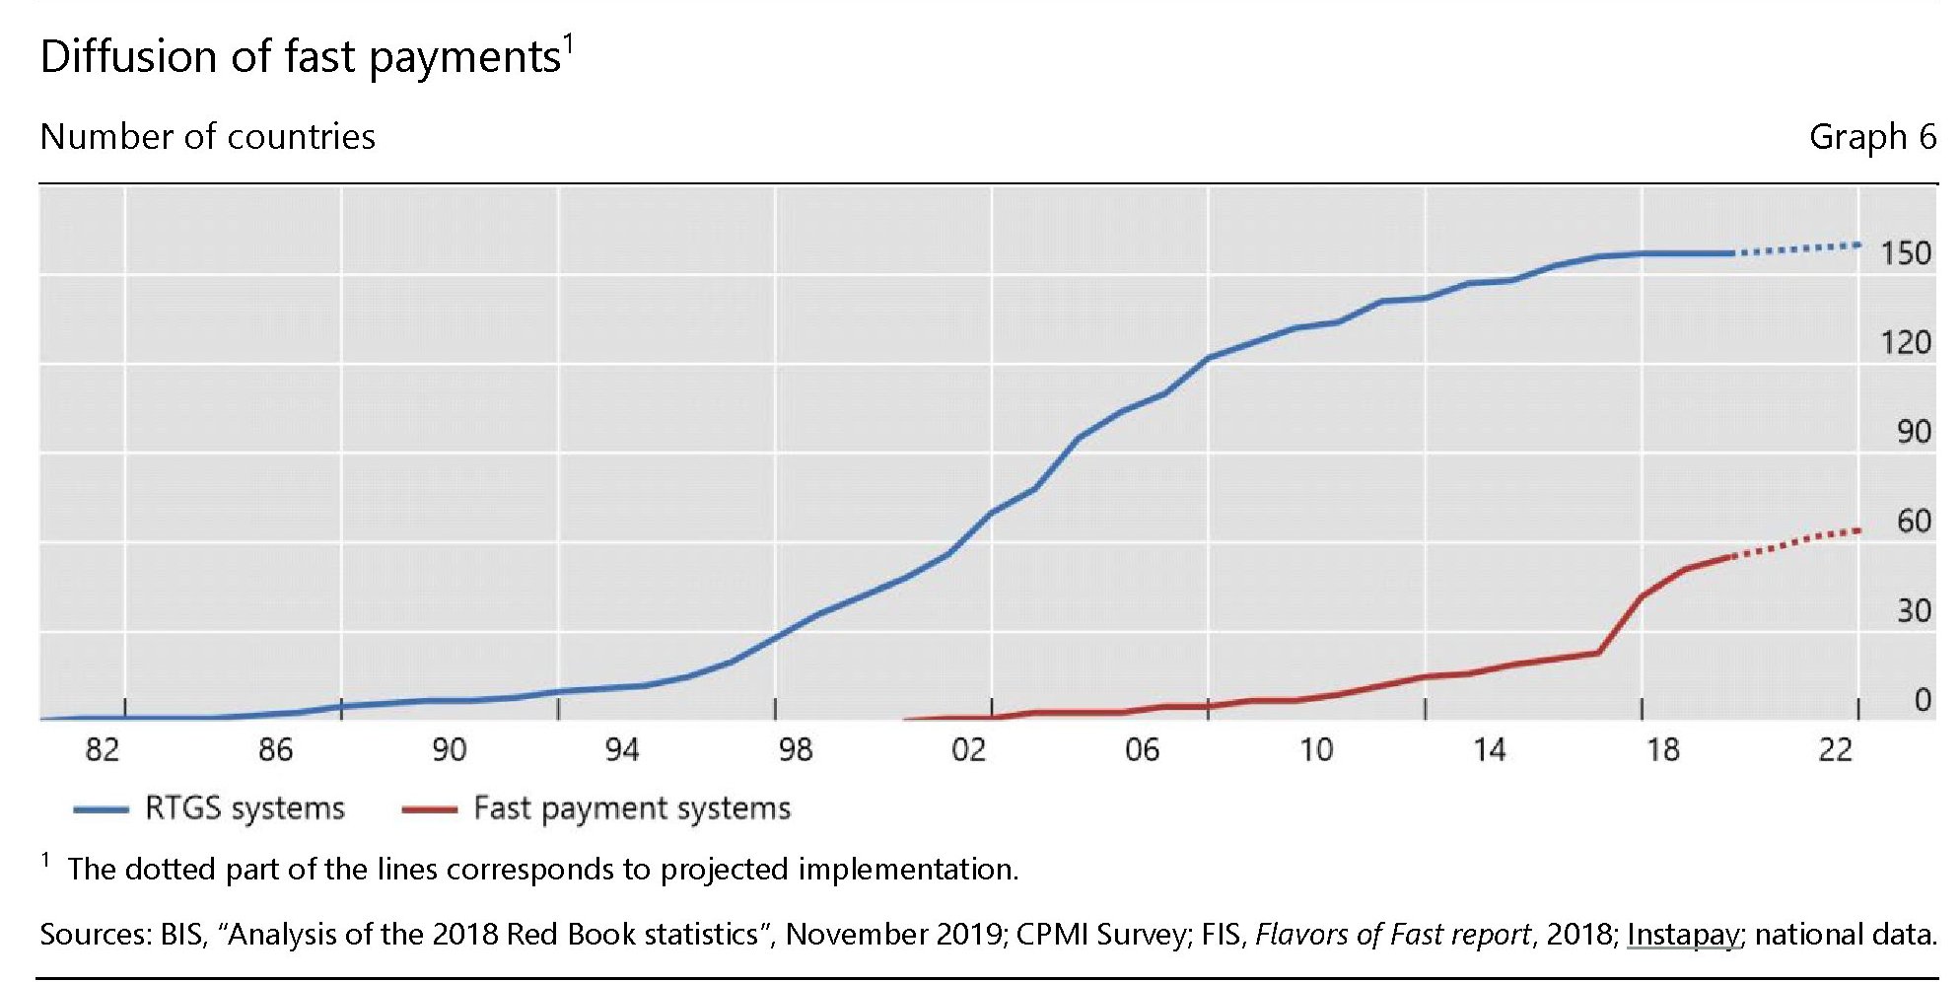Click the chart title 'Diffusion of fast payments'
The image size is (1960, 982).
tap(301, 57)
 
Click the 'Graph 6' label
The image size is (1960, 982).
tap(1871, 137)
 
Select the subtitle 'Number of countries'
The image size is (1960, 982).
tap(207, 137)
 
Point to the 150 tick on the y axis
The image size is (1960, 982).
tap(1905, 253)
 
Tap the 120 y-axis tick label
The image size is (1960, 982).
tap(1905, 343)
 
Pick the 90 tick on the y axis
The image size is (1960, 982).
tap(1913, 432)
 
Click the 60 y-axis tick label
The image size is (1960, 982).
tap(1913, 521)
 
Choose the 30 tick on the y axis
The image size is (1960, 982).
tap(1913, 610)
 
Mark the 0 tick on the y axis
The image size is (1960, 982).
tap(1922, 700)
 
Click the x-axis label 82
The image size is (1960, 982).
tap(102, 750)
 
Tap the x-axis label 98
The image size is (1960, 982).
tap(795, 750)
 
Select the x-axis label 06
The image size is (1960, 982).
tap(1142, 750)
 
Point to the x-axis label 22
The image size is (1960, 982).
tap(1835, 750)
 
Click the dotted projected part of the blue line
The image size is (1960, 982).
tap(1799, 247)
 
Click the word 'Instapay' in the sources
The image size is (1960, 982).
tap(1683, 934)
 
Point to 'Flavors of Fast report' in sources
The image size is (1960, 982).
tap(1393, 934)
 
